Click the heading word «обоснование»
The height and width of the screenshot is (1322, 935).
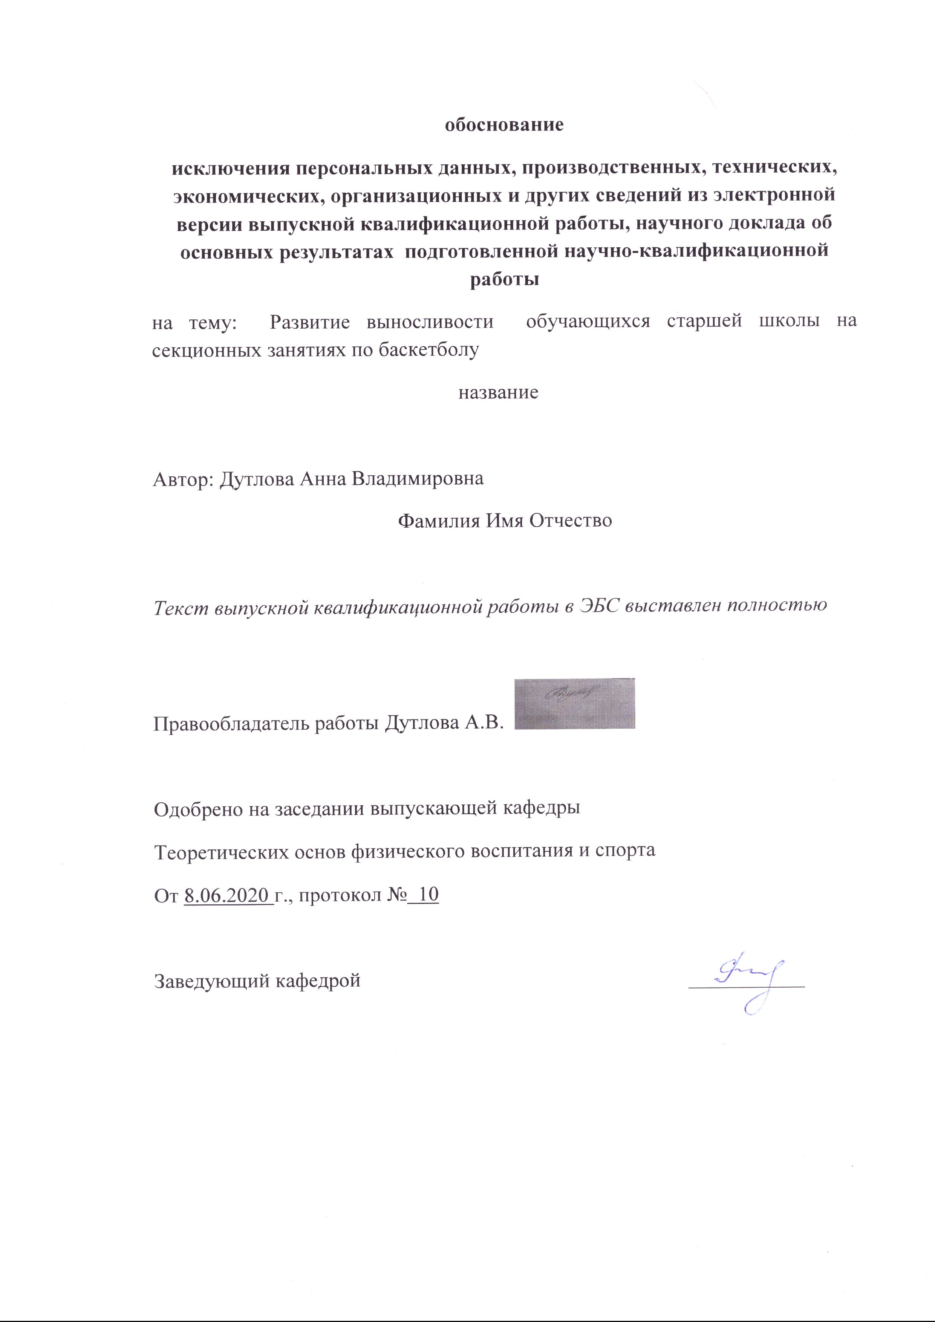point(504,124)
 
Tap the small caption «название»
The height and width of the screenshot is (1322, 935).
point(498,393)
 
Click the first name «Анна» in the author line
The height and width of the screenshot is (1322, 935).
point(323,478)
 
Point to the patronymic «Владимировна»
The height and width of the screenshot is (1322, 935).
point(418,478)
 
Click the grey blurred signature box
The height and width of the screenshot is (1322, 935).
point(574,704)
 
